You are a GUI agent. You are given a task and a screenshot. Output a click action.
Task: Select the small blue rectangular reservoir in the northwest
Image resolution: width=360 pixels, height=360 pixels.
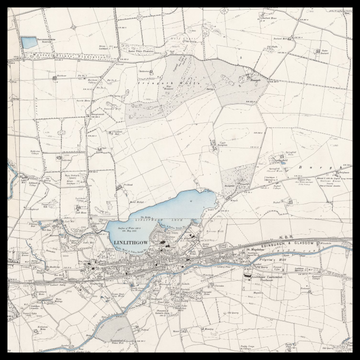click(x=28, y=42)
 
